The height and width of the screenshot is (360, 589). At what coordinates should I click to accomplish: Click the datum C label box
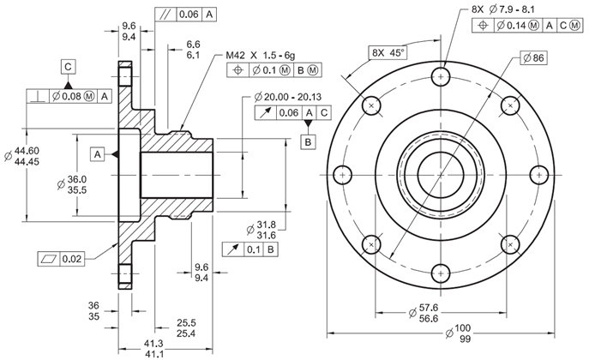(68, 65)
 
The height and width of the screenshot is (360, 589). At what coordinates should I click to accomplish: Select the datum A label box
(98, 154)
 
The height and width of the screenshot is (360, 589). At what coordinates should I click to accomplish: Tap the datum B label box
(308, 141)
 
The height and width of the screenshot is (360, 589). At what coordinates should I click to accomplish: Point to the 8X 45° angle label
(388, 52)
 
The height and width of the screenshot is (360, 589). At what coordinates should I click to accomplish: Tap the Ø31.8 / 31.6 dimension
(266, 229)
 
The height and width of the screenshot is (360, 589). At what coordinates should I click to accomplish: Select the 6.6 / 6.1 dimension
(192, 49)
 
